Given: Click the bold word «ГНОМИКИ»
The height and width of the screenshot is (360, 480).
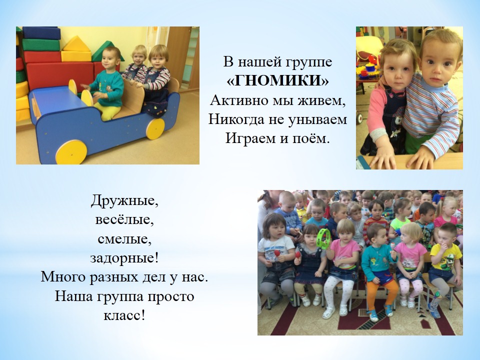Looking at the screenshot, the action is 277,81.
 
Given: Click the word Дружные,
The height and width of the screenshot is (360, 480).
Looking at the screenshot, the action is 124,201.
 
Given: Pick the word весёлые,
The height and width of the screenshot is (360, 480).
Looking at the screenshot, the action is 124,219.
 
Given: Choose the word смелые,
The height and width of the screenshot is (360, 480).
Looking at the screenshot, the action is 124,239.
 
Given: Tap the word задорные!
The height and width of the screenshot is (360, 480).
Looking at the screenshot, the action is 124,258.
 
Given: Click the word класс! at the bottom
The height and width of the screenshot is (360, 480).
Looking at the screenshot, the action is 124,315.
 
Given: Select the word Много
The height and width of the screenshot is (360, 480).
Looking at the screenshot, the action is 63,277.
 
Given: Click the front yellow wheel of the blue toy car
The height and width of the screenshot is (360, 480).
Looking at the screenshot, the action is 71,152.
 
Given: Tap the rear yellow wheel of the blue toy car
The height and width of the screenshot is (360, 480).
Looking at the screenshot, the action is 155,128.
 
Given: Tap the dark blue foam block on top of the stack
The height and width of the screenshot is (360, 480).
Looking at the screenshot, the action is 41,33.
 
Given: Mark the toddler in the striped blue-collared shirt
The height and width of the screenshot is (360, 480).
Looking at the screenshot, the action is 431,98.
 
